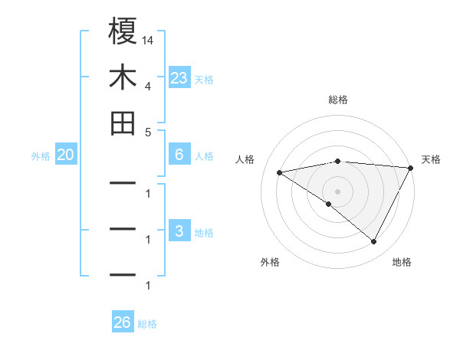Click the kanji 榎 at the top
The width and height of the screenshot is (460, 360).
pos(123,32)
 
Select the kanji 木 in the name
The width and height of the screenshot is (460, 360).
pos(123,77)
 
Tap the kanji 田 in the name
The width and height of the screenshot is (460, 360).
pos(123,123)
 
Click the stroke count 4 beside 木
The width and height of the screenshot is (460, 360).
pos(147,86)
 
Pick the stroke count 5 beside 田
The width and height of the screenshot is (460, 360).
pos(147,132)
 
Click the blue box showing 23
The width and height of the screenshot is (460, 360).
pos(179,78)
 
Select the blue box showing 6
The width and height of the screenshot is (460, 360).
pos(179,155)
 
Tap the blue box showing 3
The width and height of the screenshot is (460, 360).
pos(179,231)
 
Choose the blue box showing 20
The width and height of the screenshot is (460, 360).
pos(66,155)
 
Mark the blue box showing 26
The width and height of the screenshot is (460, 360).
pos(123,322)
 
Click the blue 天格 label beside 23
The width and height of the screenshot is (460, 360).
pos(204,79)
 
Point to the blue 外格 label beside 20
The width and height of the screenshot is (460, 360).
pos(41,155)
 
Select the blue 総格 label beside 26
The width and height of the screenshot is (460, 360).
pos(148,323)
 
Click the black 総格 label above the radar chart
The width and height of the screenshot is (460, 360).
pos(338,100)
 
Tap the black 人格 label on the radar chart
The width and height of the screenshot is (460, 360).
pos(245,159)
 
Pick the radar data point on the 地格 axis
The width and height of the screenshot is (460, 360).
pos(374,242)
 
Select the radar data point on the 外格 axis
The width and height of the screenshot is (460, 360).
pos(329,204)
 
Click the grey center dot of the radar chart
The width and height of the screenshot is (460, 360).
pos(338,191)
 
